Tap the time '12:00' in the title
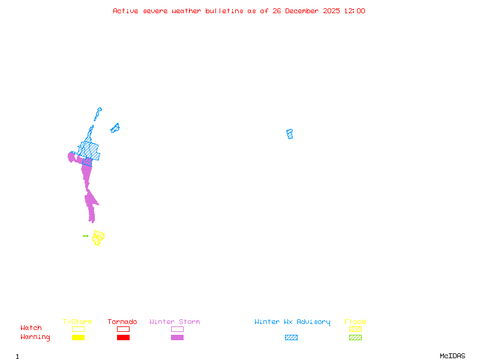coord(355,11)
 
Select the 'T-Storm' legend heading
coord(77,322)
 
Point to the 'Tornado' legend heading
coord(122,322)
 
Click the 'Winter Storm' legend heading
coord(175,322)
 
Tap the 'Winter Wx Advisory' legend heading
coord(292,322)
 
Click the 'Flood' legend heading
coord(355,322)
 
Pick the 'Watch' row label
coord(31,328)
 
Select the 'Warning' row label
coord(35,337)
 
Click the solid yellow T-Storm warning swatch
coord(78,338)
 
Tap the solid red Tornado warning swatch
coord(123,338)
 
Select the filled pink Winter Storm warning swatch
coord(177,338)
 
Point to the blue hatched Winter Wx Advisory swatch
coord(291,338)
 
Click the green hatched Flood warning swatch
coord(355,338)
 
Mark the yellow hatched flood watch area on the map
coord(98,237)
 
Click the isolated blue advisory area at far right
coord(290,134)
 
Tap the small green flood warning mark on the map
coord(85,236)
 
